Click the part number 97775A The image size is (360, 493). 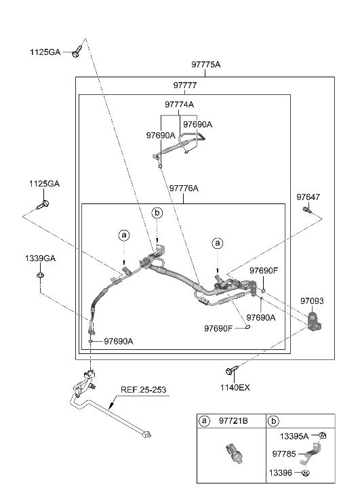point(206,64)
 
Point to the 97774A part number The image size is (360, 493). point(179,104)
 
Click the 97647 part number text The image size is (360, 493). point(308,197)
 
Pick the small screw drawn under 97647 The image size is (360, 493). point(306,211)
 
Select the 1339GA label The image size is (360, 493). point(42,258)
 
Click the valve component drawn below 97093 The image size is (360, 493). point(314,321)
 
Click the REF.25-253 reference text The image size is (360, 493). point(143,390)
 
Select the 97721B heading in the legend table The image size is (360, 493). point(233,421)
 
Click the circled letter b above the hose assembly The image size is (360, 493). point(157,214)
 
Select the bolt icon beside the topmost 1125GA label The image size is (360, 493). point(79,50)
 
